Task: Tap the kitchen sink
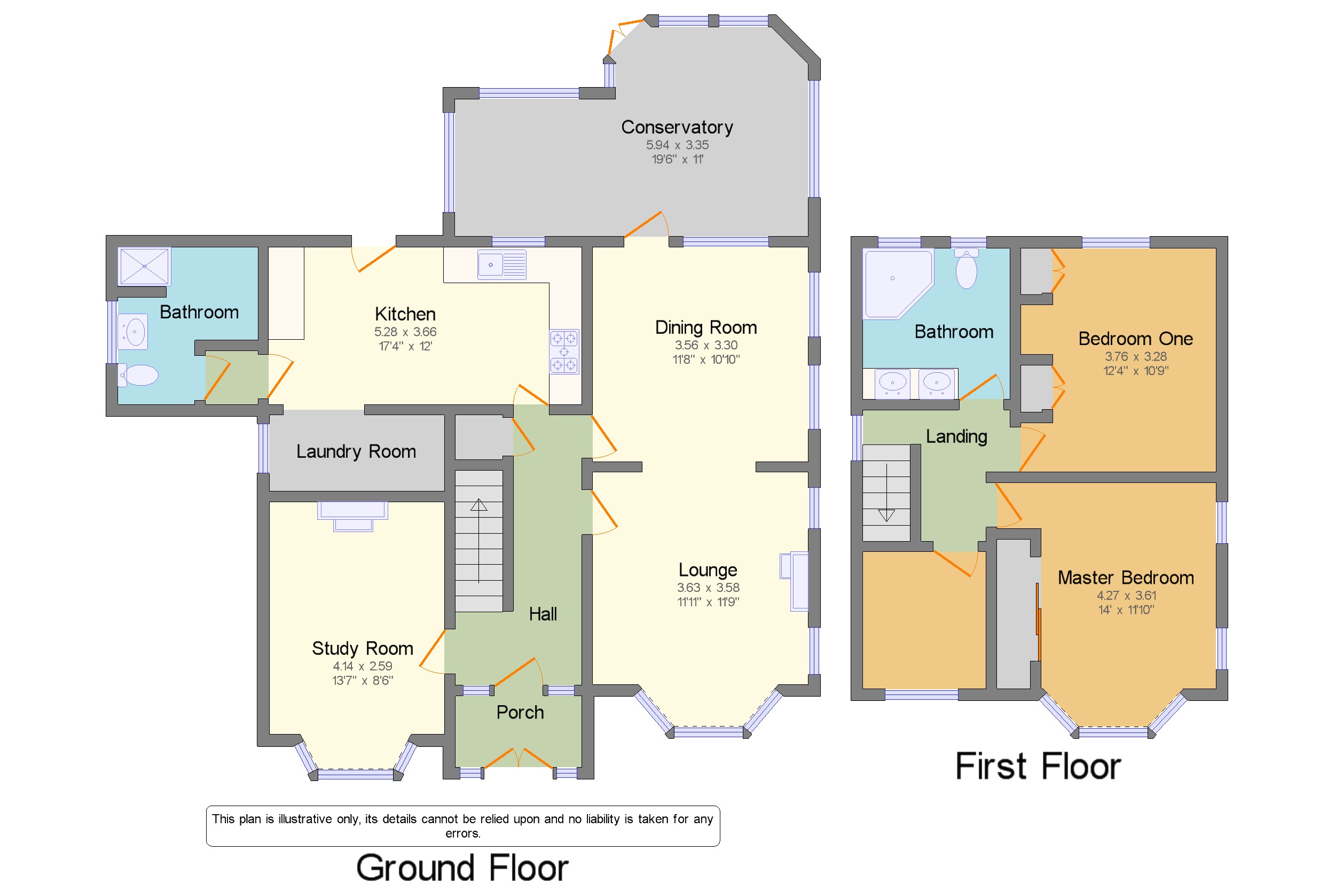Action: pos(501,264)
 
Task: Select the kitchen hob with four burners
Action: pos(564,352)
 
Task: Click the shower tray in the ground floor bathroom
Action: pos(144,266)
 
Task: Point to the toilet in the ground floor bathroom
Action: pos(137,375)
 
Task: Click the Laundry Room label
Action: pos(356,451)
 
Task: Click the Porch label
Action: pos(520,712)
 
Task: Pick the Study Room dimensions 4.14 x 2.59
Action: pos(362,666)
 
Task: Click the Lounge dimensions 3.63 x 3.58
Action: pos(708,588)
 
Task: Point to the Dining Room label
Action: pos(706,327)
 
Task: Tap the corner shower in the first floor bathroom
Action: pos(898,284)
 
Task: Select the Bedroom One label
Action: pos(1135,339)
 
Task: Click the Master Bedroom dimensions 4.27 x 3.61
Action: pos(1126,596)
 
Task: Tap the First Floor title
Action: pos(1038,766)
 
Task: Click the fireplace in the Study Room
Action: pos(352,516)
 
